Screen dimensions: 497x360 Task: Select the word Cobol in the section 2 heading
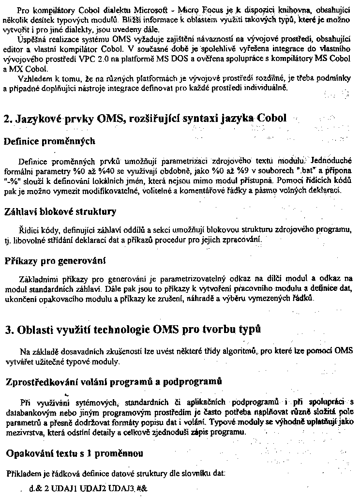click(272, 118)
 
